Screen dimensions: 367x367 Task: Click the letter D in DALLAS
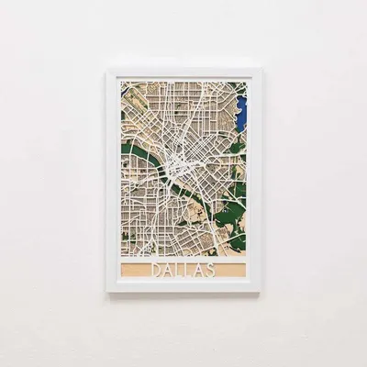tap(154, 270)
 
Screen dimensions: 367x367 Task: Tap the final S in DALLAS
tap(212, 270)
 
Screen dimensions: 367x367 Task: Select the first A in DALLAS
tap(166, 270)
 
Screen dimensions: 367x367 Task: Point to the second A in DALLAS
tap(200, 270)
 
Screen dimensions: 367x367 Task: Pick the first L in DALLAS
tap(178, 270)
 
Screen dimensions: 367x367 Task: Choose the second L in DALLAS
tap(188, 270)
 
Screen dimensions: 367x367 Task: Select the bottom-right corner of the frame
tap(259, 292)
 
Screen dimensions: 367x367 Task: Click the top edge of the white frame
tap(183, 71)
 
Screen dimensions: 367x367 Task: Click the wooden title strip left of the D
tap(133, 270)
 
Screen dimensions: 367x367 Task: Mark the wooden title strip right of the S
tap(234, 270)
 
